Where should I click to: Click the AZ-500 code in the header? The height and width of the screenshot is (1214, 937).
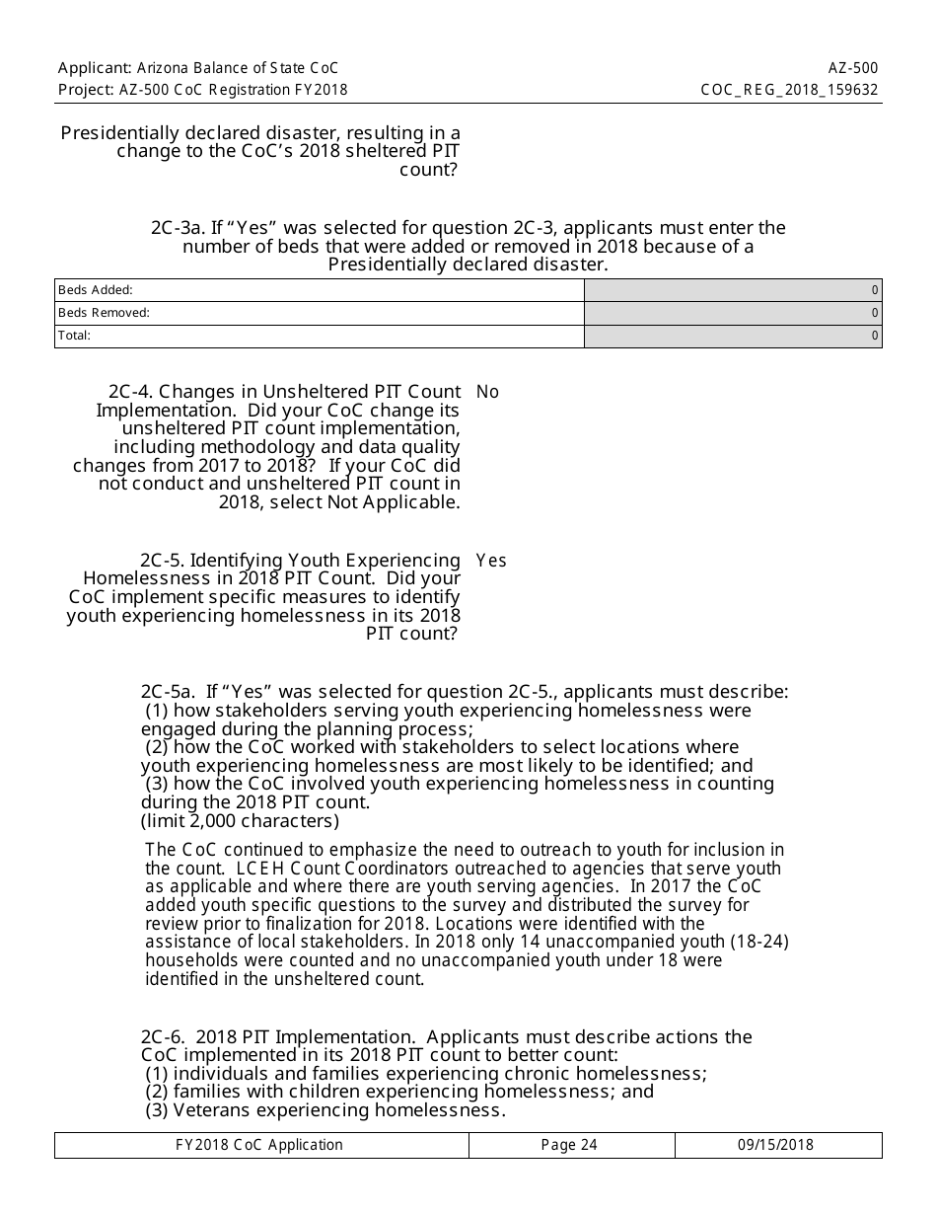tap(853, 68)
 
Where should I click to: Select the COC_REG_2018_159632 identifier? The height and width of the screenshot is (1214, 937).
tap(789, 90)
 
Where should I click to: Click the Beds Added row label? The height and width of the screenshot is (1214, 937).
tap(96, 290)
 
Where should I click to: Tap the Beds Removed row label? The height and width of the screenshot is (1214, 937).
tap(104, 313)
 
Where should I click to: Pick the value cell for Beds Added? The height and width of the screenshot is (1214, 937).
tap(733, 290)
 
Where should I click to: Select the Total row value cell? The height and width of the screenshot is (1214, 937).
tap(733, 336)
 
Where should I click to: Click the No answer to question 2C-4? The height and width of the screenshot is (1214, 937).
tap(487, 392)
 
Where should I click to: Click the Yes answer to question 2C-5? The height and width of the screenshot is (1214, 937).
tap(490, 561)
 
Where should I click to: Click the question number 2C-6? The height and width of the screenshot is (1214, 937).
tap(164, 1037)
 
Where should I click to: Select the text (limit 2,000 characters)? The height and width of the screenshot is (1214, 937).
tap(240, 821)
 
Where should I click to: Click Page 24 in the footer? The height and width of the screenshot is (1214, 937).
tap(570, 1145)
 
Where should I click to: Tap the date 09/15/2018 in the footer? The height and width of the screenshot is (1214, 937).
tap(776, 1145)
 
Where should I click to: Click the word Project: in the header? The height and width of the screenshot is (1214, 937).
tap(86, 90)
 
